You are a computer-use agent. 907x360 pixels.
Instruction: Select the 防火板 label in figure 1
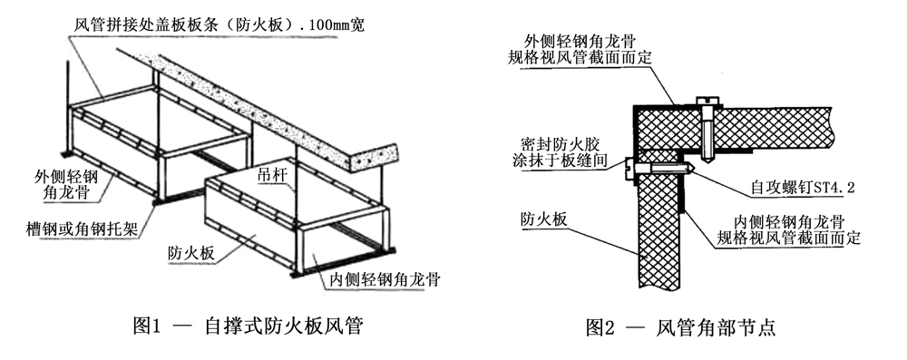[190, 254]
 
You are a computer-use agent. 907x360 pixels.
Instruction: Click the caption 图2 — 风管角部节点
[680, 326]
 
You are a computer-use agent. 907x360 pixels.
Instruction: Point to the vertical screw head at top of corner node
[705, 101]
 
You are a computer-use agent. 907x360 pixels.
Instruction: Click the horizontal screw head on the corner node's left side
[632, 165]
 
